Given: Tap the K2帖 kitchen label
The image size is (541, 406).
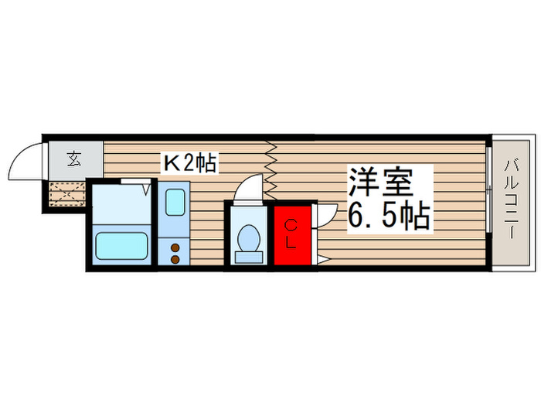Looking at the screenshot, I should pos(188,163).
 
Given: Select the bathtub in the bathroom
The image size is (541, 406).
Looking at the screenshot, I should pos(121,247).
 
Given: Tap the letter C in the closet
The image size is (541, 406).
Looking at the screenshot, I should pos(291,226).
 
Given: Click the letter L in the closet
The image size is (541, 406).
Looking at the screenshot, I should pos(291,241).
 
